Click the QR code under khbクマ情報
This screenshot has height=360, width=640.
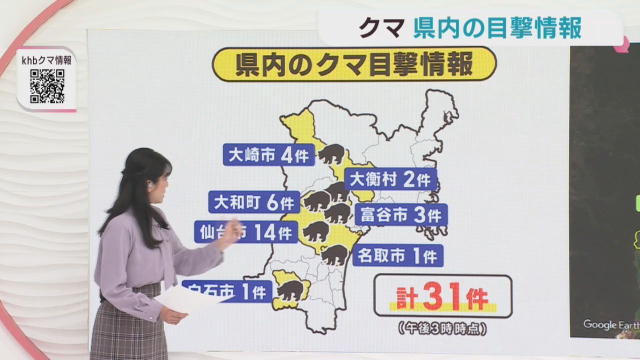[x=47, y=86]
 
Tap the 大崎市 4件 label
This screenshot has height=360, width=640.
[x=268, y=154]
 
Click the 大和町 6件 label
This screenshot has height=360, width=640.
[x=253, y=202]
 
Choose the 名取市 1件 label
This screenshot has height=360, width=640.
[x=397, y=256]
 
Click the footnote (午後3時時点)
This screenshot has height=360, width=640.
[x=442, y=329]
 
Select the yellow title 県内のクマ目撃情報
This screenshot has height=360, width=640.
[x=354, y=64]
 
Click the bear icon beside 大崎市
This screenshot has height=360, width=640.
[x=331, y=154]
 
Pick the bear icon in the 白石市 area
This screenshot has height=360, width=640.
[x=290, y=290]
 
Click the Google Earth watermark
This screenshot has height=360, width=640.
[x=610, y=324]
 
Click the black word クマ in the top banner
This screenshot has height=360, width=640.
[x=381, y=29]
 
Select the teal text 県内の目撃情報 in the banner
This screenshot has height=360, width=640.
[x=497, y=29]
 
